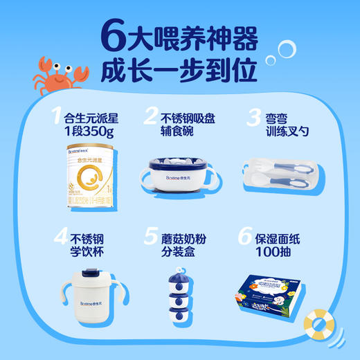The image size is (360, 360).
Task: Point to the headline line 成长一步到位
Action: click(180, 69)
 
